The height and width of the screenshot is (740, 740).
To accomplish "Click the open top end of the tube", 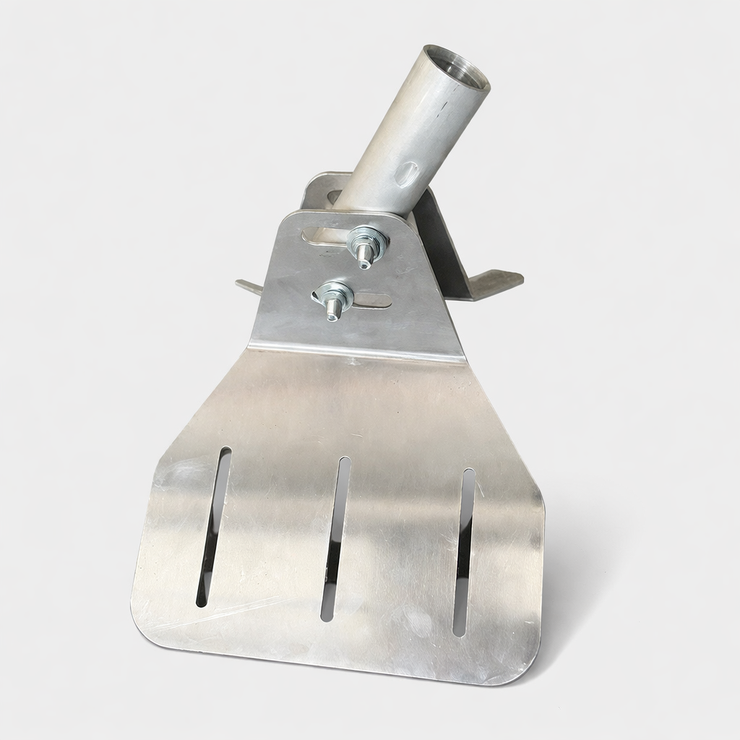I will point(456,69).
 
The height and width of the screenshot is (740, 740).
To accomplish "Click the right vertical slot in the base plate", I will point(463,552).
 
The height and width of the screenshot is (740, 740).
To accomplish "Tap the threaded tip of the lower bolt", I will point(333,313).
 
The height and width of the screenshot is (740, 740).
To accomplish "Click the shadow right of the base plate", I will point(578,578).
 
